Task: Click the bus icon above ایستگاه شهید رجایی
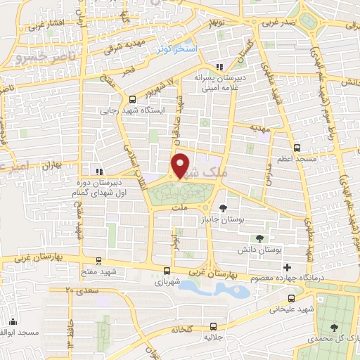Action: point(132,99)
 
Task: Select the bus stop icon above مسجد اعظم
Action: point(296,148)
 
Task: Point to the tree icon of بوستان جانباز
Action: point(223,207)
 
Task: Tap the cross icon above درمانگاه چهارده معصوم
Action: point(286,267)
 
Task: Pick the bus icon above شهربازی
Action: point(167,271)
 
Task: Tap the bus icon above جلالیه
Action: point(213,326)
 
